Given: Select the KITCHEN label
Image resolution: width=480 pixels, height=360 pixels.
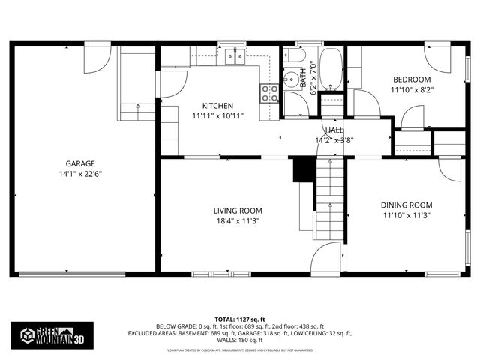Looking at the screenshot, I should point(217,106).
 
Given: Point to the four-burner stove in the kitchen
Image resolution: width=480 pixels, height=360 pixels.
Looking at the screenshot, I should point(270,93).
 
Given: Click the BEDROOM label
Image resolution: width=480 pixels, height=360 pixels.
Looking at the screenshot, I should point(412,79).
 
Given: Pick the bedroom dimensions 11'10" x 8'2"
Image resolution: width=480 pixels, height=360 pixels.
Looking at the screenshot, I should point(412,90).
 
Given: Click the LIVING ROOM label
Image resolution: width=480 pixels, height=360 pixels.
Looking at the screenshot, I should point(238,211).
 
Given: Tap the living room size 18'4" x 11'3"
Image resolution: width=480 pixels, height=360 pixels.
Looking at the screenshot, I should point(238,221).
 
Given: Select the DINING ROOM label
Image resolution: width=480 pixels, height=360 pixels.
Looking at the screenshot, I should point(406,205).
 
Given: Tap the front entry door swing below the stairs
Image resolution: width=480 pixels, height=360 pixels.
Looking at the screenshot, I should point(325,259).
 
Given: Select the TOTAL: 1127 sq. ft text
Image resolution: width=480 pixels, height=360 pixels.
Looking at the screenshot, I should point(239,319).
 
